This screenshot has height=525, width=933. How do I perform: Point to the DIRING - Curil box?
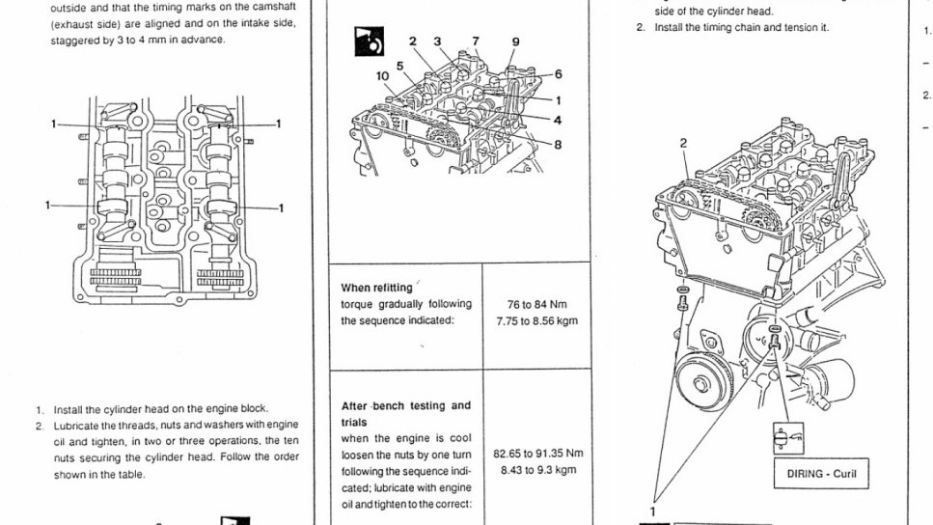coord(815,474)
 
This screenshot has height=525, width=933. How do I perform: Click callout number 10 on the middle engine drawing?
coord(382,74)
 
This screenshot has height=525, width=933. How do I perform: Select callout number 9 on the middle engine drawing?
coord(515,41)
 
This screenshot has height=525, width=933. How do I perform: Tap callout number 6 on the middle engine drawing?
coord(558,74)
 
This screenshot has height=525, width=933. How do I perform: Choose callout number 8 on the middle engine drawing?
coord(558,145)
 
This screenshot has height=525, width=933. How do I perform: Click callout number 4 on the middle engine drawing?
coord(558,120)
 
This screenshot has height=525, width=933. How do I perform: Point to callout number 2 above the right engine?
coord(683,143)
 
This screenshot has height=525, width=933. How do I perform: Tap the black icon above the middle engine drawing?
coord(368,44)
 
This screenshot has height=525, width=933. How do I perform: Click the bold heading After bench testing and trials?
coord(406,413)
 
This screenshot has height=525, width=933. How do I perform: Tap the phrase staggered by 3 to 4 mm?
coord(105,40)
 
